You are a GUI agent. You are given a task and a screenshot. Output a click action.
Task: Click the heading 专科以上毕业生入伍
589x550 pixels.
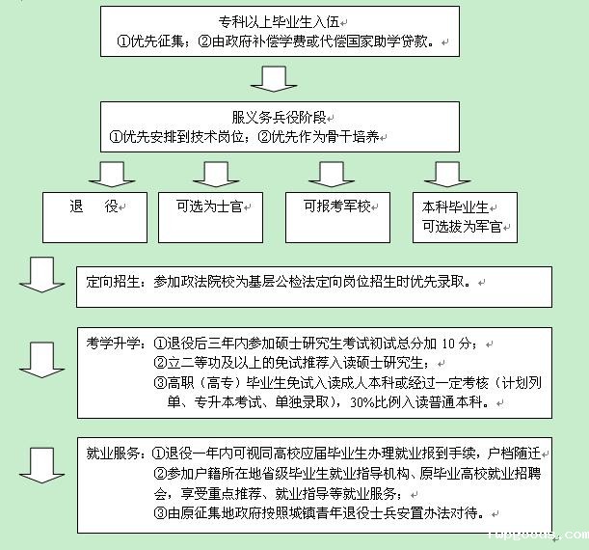[278, 21]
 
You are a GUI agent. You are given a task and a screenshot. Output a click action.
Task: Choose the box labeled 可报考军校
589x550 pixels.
[330, 206]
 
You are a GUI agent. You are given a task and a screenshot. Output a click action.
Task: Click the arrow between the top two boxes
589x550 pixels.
[278, 77]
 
